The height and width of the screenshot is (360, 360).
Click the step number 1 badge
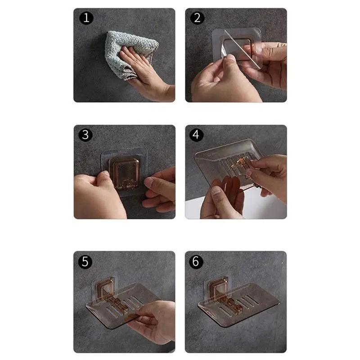click(85, 18)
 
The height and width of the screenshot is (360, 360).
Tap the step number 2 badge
click(197, 18)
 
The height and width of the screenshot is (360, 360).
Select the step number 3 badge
click(85, 135)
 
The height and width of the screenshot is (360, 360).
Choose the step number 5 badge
click(85, 261)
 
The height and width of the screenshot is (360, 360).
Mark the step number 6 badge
click(196, 261)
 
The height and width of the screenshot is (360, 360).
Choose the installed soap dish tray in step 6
click(238, 301)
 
